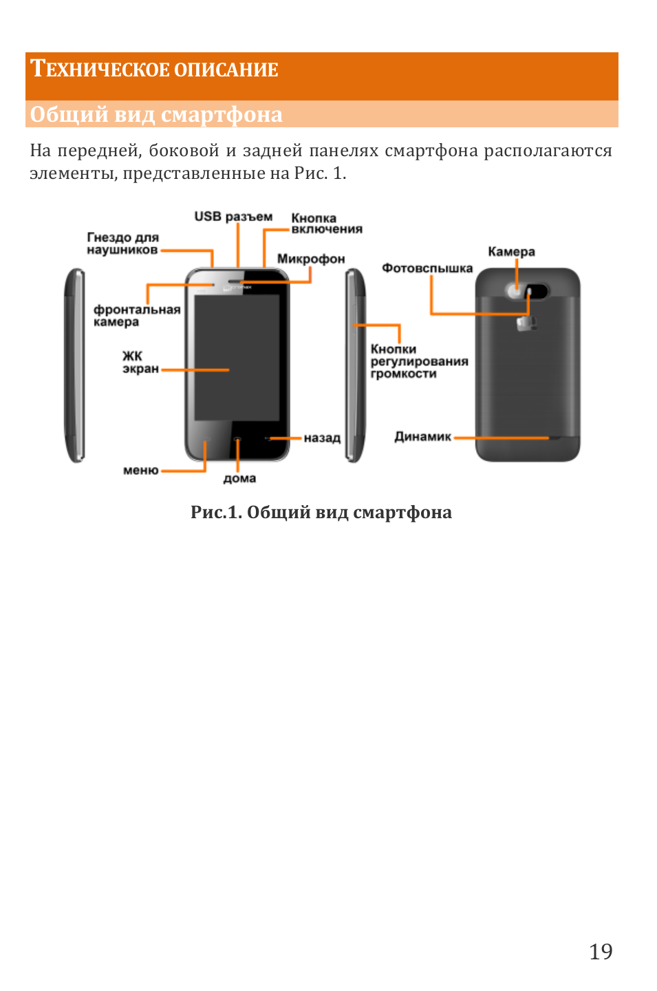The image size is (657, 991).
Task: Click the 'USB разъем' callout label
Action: click(233, 217)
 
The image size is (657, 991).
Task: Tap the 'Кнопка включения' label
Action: click(326, 224)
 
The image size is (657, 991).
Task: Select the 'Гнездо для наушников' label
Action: click(122, 244)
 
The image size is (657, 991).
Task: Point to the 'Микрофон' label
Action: click(311, 259)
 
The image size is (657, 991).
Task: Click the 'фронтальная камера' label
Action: click(137, 316)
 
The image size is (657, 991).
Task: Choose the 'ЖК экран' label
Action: click(140, 363)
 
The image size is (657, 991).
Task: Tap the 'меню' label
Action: click(140, 471)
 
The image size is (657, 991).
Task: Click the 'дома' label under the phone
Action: click(239, 478)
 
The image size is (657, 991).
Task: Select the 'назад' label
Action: click(322, 438)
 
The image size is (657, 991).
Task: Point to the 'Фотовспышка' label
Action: click(427, 268)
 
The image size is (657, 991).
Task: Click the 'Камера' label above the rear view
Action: click(511, 252)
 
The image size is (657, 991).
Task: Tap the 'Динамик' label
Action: click(422, 437)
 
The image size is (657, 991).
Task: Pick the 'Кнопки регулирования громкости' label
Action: click(418, 362)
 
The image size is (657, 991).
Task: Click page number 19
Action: click(601, 952)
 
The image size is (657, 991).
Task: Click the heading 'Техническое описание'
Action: click(155, 70)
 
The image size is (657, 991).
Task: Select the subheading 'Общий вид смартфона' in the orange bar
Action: click(156, 114)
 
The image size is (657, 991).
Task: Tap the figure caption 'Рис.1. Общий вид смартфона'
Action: click(321, 513)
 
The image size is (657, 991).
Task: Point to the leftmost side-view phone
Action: click(75, 365)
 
